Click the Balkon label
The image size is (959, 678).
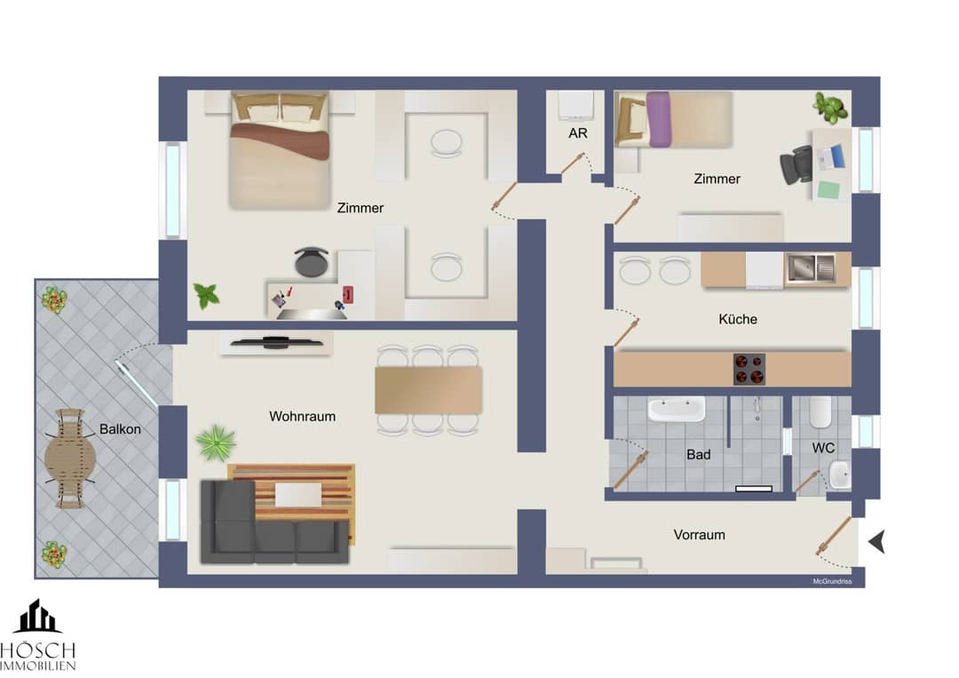(120, 429)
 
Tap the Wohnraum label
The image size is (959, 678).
(302, 416)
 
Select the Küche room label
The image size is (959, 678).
(738, 319)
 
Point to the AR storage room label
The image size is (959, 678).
(578, 133)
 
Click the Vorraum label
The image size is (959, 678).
(699, 534)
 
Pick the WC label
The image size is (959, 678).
(823, 448)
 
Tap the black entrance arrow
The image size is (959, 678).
(877, 541)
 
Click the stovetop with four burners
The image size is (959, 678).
(749, 369)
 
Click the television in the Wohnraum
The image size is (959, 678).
(276, 343)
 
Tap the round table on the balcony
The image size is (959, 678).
(70, 458)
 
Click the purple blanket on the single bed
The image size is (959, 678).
(659, 119)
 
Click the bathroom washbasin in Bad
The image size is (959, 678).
(676, 410)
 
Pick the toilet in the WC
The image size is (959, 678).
(820, 412)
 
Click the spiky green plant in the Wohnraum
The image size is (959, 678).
(216, 443)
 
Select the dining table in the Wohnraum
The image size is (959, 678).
(428, 390)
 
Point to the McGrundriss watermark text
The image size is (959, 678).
(832, 581)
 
